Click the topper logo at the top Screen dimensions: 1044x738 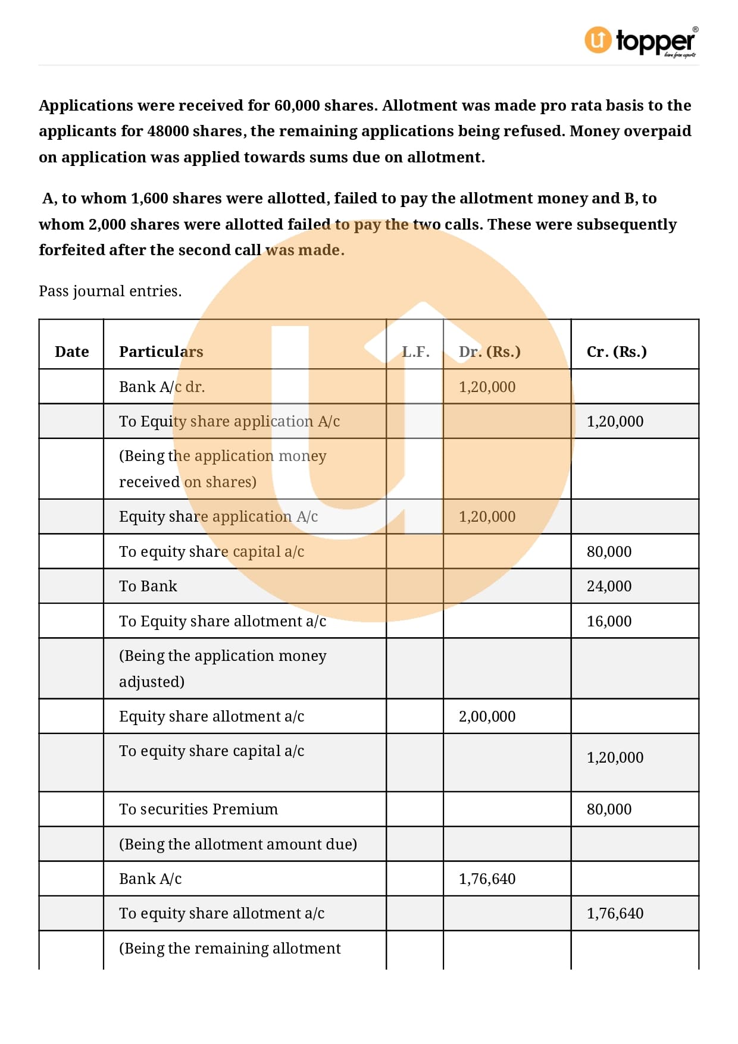pyautogui.click(x=641, y=41)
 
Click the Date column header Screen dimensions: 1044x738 pyautogui.click(x=71, y=352)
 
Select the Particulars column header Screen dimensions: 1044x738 pyautogui.click(x=161, y=352)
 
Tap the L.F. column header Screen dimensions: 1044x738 pyautogui.click(x=415, y=352)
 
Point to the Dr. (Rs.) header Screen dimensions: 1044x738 pyautogui.click(x=489, y=352)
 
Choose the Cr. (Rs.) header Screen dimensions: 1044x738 pyautogui.click(x=617, y=352)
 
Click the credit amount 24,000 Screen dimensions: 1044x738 pyautogui.click(x=609, y=586)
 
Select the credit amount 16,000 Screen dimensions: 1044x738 pyautogui.click(x=609, y=621)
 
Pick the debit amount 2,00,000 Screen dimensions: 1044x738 pyautogui.click(x=487, y=716)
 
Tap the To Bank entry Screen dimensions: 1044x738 pyautogui.click(x=148, y=586)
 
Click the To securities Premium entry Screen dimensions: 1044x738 pyautogui.click(x=198, y=809)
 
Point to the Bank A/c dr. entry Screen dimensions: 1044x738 pyautogui.click(x=162, y=387)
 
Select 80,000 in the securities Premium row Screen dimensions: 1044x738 pyautogui.click(x=609, y=809)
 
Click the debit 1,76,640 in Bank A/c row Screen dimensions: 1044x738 pyautogui.click(x=487, y=879)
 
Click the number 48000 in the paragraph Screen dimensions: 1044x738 pyautogui.click(x=168, y=131)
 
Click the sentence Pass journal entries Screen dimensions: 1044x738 pyautogui.click(x=110, y=291)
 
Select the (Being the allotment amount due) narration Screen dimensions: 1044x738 pyautogui.click(x=238, y=844)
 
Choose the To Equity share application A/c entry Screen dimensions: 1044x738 pyautogui.click(x=229, y=421)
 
